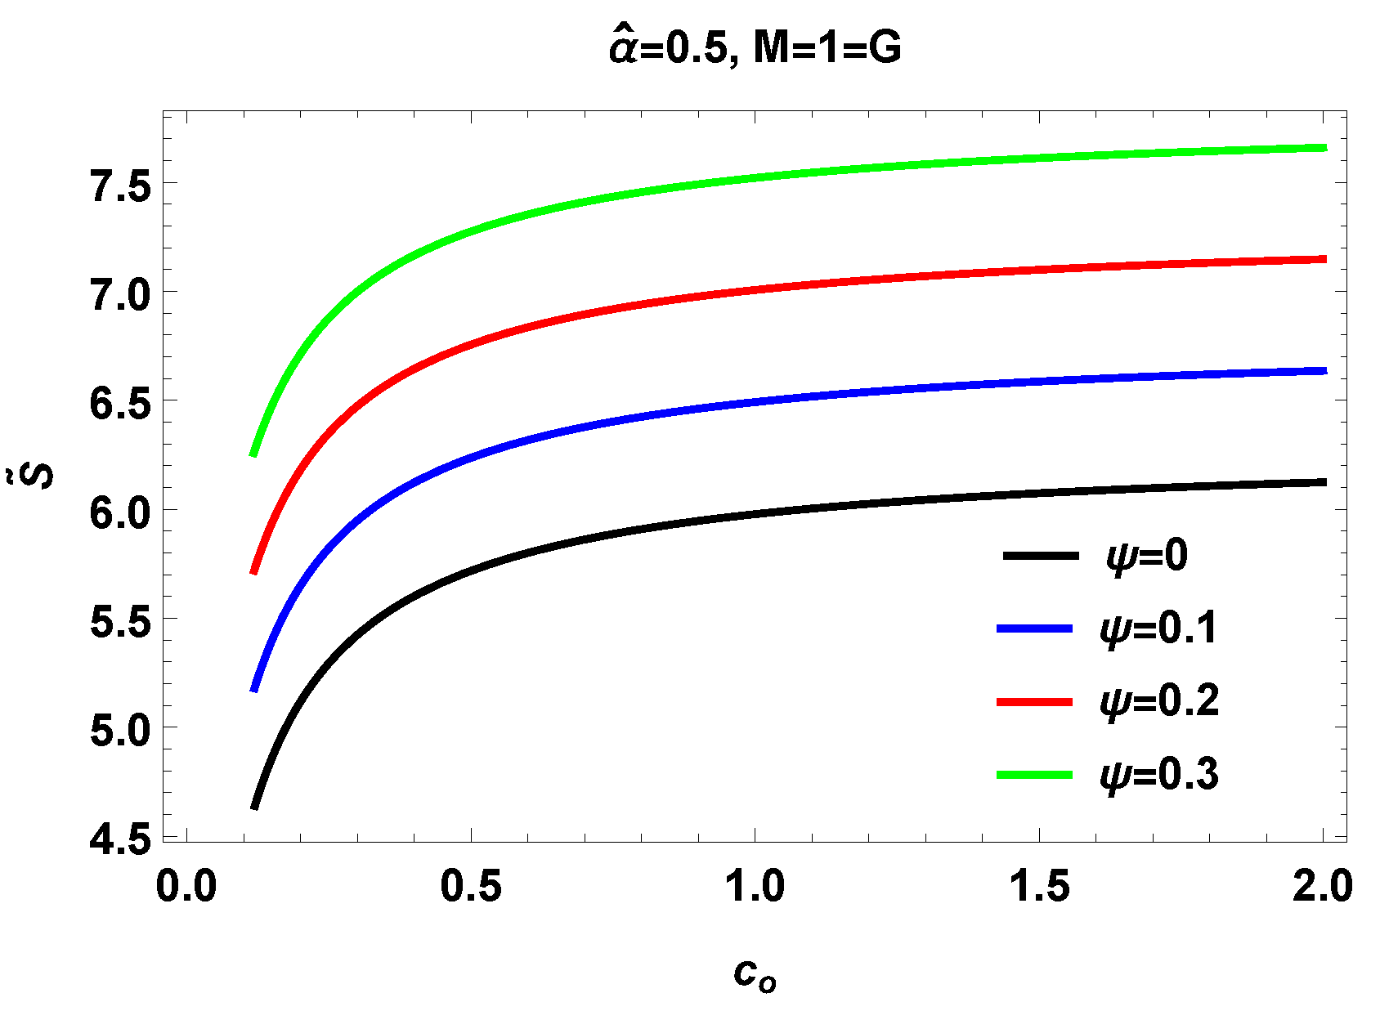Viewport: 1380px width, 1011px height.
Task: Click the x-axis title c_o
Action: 754,974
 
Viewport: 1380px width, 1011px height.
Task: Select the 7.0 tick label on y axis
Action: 121,295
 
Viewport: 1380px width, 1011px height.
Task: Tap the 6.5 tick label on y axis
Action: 121,404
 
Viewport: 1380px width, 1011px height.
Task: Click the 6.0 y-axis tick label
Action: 121,513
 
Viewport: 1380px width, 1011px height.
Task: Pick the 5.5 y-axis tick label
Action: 121,622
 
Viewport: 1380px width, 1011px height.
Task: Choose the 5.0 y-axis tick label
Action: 121,730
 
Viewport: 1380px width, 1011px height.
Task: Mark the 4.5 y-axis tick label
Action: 121,839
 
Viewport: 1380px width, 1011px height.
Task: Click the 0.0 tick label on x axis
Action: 186,887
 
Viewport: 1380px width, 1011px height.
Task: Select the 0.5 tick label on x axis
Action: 471,887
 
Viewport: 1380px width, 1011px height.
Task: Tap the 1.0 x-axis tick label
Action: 755,887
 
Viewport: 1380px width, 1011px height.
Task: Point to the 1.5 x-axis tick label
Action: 1039,887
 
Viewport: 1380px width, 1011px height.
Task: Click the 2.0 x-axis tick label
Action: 1322,887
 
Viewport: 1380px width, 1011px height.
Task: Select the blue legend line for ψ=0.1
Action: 1034,628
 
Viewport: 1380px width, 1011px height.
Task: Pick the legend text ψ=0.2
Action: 1159,701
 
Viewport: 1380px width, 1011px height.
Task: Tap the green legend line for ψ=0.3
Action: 1034,774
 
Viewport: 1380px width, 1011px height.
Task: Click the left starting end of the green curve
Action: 254,454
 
